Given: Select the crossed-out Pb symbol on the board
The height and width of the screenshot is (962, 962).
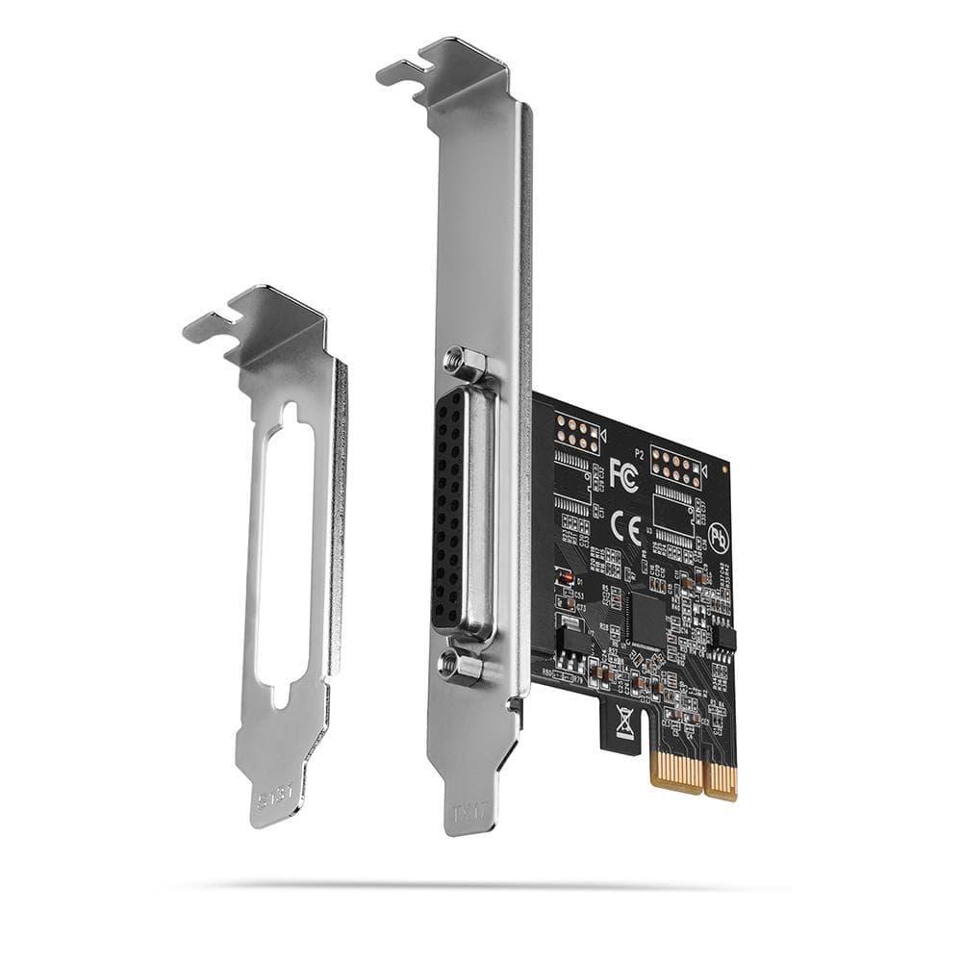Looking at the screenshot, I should coord(717,535).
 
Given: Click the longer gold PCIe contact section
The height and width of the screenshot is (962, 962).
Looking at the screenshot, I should coord(721,780).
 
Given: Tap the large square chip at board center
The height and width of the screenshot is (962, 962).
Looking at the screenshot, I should coord(645,619).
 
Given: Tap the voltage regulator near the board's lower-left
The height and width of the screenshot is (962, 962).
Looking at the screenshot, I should coord(570,636).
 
